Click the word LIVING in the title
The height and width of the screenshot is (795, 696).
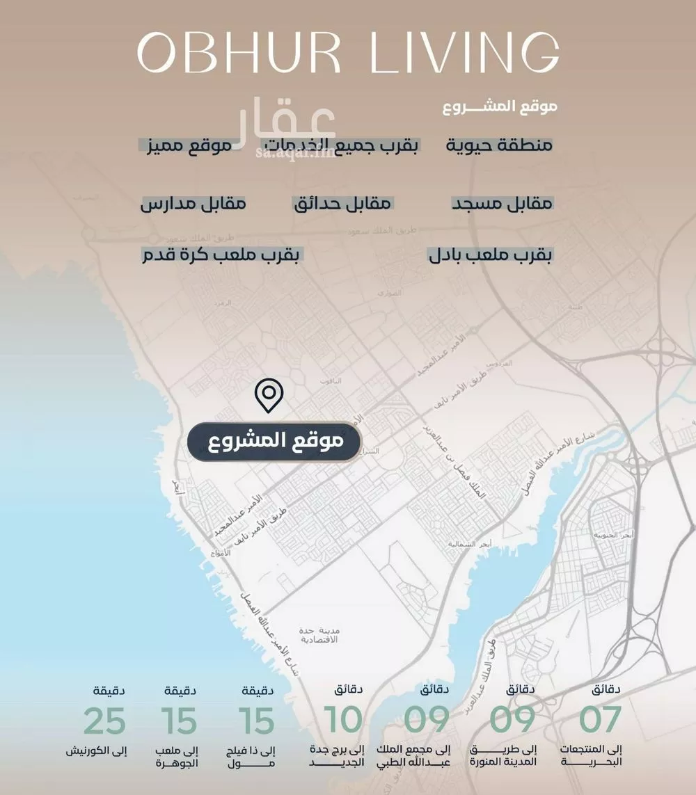464,52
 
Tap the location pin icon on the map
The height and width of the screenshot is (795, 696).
269,396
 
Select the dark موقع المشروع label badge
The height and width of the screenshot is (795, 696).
274,441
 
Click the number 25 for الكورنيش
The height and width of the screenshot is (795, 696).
104,721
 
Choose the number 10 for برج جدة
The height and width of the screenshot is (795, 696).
344,721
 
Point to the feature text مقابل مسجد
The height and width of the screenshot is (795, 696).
503,204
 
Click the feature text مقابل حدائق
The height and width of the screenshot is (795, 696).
342,204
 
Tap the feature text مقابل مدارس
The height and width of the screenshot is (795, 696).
193,204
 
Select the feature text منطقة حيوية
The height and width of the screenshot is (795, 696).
499,145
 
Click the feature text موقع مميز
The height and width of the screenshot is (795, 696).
185,145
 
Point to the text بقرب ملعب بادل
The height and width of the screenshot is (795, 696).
491,255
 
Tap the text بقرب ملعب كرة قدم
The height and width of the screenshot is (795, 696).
220,255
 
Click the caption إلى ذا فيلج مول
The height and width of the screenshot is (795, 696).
253,756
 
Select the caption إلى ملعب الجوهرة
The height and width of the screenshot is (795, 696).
179,756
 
